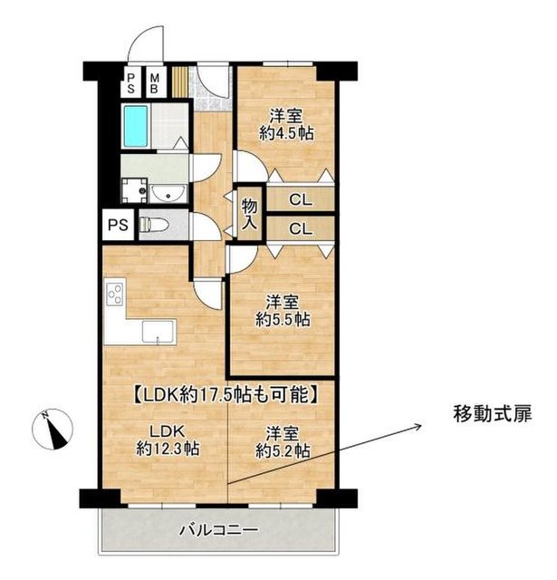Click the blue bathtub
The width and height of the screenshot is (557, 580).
(x=136, y=126)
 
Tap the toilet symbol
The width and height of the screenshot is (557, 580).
(x=154, y=225)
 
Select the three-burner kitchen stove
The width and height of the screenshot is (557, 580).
(x=115, y=294)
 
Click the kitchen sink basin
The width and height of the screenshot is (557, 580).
(x=158, y=333)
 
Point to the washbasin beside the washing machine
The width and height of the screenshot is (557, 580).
(x=168, y=193)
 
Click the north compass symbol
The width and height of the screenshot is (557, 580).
(x=53, y=429)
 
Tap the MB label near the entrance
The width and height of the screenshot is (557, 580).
(x=155, y=83)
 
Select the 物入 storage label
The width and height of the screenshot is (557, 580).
(x=249, y=215)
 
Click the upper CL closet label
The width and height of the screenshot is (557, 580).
(x=301, y=200)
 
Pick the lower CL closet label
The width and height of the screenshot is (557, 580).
(x=301, y=229)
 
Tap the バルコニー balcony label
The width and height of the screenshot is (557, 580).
(x=219, y=530)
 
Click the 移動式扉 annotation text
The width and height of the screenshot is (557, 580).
(x=493, y=414)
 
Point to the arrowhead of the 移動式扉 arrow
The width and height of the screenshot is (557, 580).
(x=421, y=426)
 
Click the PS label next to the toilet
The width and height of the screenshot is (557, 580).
(x=118, y=225)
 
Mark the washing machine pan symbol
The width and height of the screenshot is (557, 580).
(x=135, y=191)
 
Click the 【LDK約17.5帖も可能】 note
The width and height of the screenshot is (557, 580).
(x=226, y=395)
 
